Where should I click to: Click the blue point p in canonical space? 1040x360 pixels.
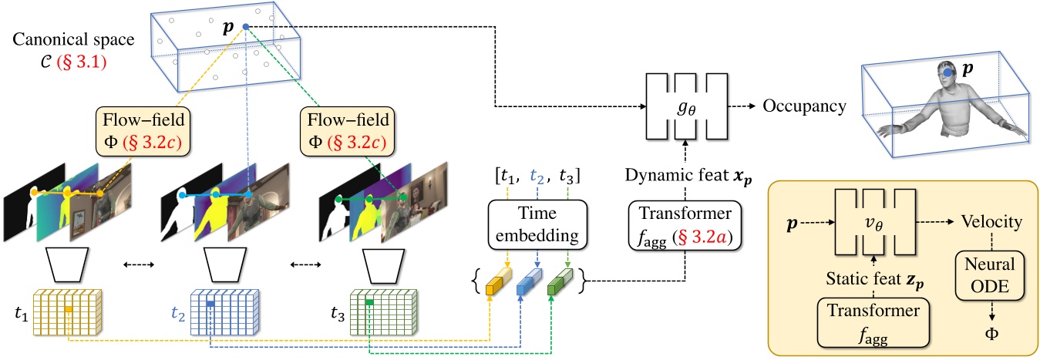[246, 27]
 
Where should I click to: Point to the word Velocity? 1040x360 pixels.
[992, 222]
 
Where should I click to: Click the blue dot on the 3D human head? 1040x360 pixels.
[946, 74]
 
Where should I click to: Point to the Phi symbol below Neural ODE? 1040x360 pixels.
[991, 333]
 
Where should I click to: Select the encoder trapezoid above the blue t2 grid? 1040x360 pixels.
[227, 264]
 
